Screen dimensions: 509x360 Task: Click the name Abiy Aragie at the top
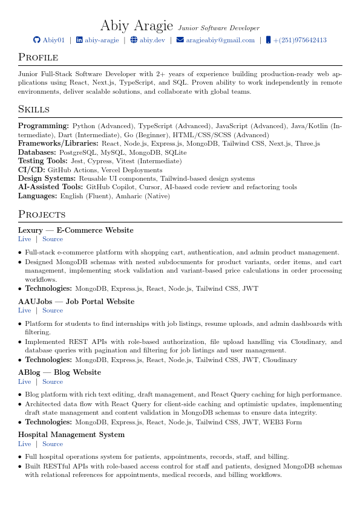[137, 25]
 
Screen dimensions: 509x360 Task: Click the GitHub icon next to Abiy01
[36, 40]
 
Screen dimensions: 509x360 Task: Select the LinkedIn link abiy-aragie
[102, 40]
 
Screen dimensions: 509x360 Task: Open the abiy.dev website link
[152, 40]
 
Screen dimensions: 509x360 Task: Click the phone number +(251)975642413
[299, 40]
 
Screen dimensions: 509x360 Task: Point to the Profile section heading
[38, 57]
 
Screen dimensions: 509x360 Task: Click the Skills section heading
[34, 109]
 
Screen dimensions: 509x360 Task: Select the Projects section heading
[42, 215]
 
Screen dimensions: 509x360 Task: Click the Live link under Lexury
[24, 239]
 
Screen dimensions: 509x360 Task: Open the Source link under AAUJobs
[53, 310]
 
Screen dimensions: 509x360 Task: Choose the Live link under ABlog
[24, 381]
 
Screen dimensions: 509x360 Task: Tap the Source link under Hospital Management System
[53, 444]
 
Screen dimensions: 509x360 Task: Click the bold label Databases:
[37, 153]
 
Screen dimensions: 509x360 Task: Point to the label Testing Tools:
[43, 161]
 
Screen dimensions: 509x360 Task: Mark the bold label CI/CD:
[31, 170]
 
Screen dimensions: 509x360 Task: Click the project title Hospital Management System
[71, 435]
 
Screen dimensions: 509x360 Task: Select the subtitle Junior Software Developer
[218, 28]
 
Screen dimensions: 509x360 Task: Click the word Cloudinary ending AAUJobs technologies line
[281, 360]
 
